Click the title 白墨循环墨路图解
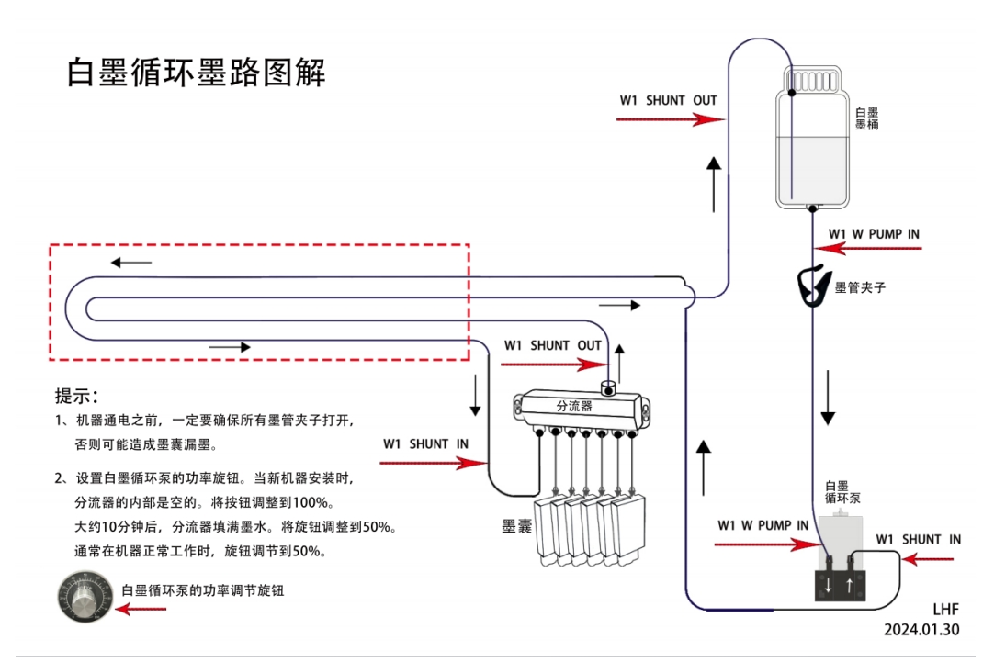(x=197, y=72)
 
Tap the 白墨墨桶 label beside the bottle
(x=866, y=118)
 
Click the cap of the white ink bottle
(x=814, y=81)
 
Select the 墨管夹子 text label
(x=859, y=287)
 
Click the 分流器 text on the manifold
(x=574, y=405)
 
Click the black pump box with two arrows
(x=840, y=584)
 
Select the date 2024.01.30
(x=921, y=630)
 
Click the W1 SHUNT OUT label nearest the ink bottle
(x=668, y=100)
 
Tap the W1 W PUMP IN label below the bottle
(x=874, y=234)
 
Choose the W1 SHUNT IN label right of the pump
(x=918, y=540)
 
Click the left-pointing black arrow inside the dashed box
(x=132, y=263)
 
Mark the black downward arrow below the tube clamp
(x=828, y=398)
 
